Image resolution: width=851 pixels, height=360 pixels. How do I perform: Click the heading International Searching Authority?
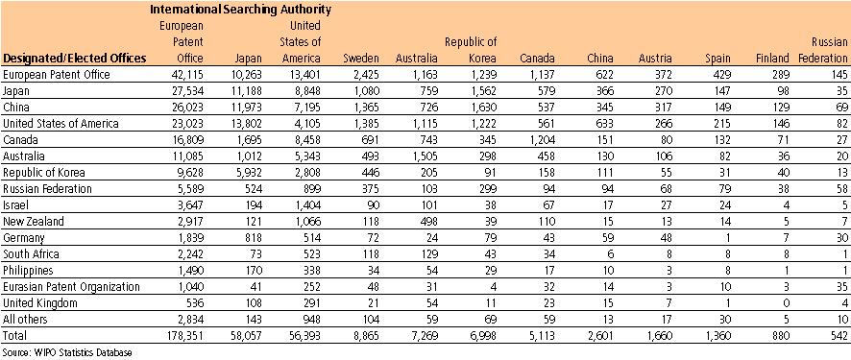coord(240,10)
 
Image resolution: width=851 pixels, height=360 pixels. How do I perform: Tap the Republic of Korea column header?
coord(470,50)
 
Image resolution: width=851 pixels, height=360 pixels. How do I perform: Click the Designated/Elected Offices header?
coord(75,59)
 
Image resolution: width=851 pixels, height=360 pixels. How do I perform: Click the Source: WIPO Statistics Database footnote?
coord(67,352)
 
